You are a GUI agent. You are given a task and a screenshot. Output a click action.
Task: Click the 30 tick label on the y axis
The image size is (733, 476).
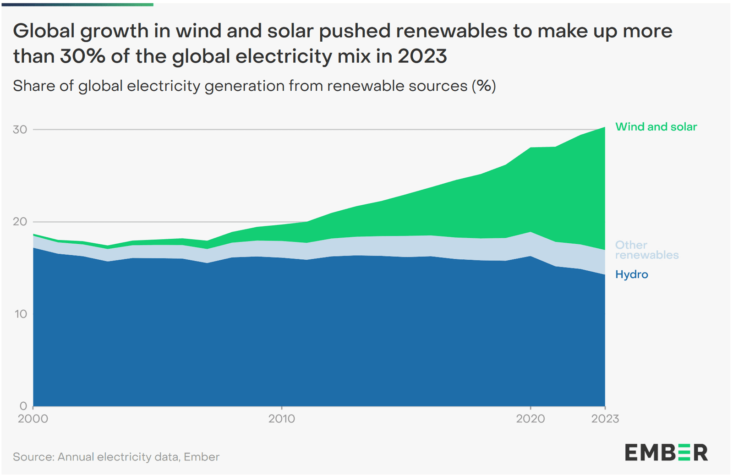click(20, 130)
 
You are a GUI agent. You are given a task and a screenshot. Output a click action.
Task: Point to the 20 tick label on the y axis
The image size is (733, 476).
click(20, 222)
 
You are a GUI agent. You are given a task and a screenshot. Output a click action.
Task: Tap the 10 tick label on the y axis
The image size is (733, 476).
click(21, 314)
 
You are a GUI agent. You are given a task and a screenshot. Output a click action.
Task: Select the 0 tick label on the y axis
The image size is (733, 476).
click(23, 406)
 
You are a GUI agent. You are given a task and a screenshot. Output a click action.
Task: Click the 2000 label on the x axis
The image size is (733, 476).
click(33, 419)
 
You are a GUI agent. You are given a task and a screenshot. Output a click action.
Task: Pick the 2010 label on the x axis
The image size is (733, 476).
click(282, 419)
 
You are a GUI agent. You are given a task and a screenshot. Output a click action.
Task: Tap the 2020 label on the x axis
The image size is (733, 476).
click(531, 419)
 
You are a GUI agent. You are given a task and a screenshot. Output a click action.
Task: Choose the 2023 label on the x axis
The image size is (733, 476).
click(605, 419)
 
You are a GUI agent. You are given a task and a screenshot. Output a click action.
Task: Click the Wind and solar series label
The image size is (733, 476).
click(656, 127)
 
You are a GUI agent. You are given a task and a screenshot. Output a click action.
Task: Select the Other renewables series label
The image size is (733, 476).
click(646, 250)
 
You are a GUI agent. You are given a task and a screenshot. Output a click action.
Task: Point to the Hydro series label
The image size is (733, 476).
click(632, 274)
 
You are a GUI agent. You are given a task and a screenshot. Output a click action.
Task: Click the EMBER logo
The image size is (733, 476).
click(666, 453)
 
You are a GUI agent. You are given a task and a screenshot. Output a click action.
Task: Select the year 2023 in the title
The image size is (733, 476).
click(422, 56)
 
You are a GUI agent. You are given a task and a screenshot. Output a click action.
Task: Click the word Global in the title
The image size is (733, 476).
click(44, 31)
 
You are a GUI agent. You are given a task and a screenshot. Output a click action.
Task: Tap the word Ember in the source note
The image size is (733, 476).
click(202, 457)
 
